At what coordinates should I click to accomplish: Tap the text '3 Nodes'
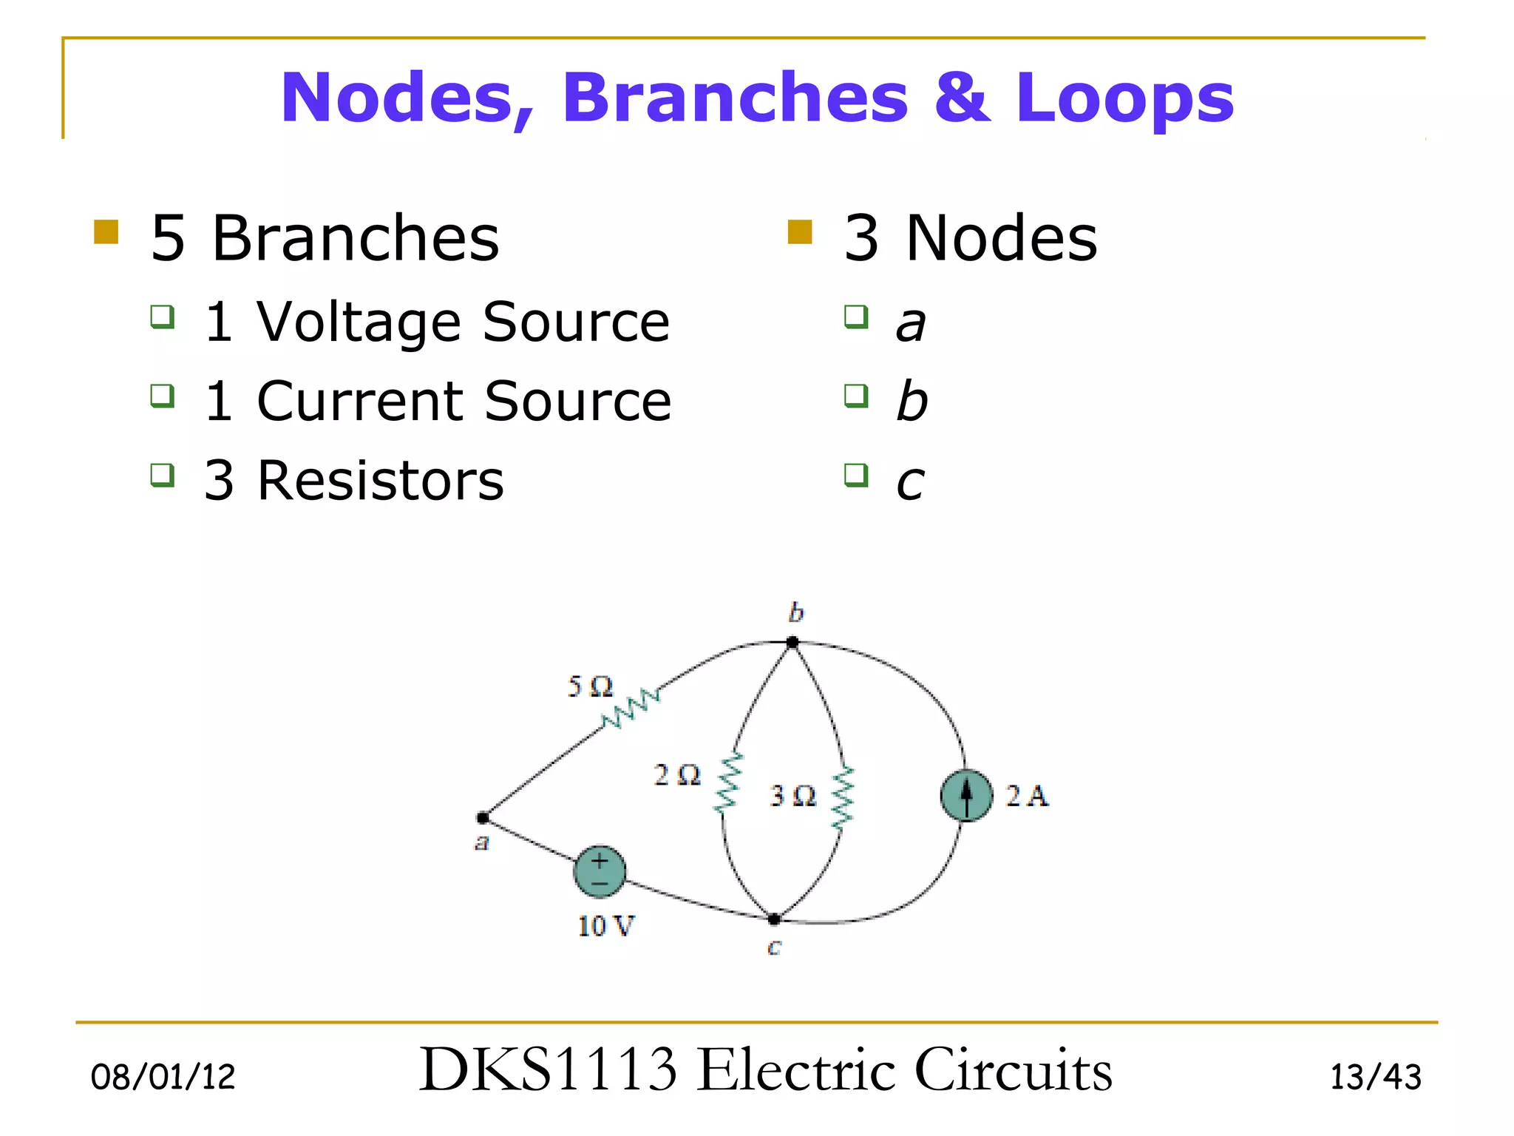coord(970,238)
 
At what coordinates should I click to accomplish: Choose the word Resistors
coord(380,481)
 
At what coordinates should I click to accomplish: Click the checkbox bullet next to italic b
coord(856,396)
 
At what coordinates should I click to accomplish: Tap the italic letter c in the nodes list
coord(910,482)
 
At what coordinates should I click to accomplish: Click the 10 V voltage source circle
coord(600,871)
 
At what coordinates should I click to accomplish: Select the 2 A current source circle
coord(966,796)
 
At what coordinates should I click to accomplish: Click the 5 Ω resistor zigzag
coord(631,709)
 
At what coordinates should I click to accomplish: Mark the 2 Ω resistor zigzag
coord(729,782)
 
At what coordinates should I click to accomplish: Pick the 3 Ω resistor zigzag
coord(843,797)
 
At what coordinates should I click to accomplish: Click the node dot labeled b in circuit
coord(792,642)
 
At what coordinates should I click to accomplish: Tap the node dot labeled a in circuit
coord(483,817)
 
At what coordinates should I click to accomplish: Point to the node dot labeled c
coord(774,919)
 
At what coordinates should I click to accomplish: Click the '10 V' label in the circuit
coord(605,926)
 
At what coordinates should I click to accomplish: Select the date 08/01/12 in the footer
coord(163,1077)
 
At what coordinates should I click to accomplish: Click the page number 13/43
coord(1375,1077)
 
